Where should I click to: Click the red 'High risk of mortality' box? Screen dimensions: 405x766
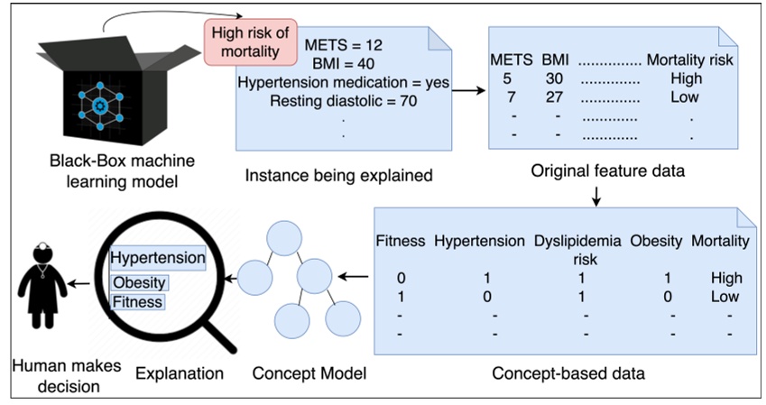point(250,41)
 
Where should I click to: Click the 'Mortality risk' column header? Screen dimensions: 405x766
point(688,60)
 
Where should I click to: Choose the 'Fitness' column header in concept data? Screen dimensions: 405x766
point(400,241)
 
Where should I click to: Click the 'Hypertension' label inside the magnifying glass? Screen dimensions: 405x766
point(157,259)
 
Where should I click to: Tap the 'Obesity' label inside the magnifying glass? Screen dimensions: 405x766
point(140,283)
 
